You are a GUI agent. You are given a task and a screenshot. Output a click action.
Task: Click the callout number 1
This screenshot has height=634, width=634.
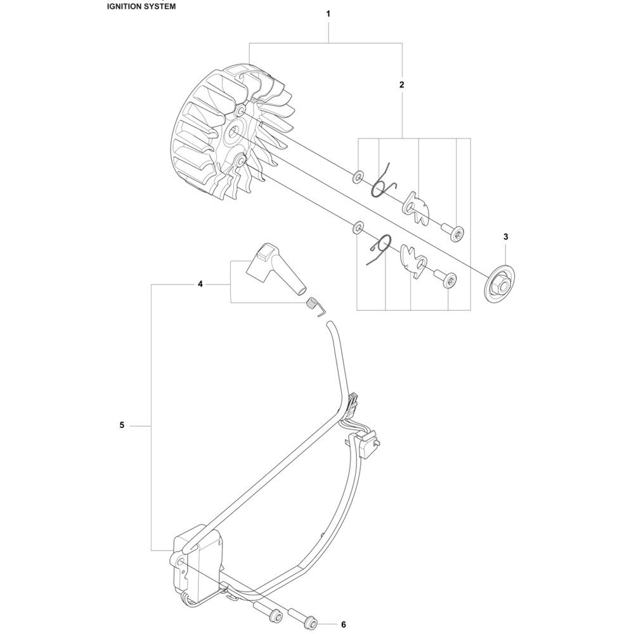[328, 14]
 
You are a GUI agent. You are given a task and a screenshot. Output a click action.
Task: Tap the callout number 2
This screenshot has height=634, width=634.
[401, 84]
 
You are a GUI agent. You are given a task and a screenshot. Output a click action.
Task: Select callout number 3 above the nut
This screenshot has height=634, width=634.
[506, 236]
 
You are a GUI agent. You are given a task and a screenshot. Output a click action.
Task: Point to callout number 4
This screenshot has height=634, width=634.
[200, 284]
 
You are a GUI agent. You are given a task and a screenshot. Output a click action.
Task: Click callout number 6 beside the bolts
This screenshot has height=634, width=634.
[343, 624]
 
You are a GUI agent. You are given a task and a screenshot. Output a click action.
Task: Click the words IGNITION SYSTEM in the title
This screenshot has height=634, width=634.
[141, 6]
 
